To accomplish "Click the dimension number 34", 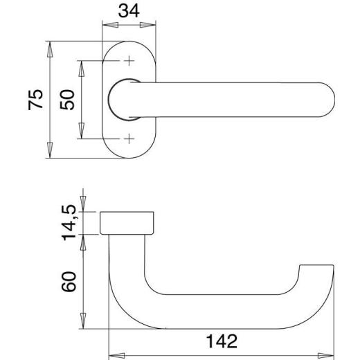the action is (x=129, y=11).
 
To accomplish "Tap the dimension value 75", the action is (x=35, y=100).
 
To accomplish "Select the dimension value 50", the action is (x=67, y=100).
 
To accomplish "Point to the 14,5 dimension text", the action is (x=69, y=222).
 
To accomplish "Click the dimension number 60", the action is (x=69, y=282).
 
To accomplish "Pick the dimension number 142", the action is (x=222, y=341).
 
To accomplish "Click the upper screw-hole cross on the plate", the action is (x=129, y=61).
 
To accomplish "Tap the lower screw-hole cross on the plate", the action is (x=129, y=139).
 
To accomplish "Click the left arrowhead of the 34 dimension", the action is (x=110, y=25).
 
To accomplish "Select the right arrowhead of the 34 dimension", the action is (x=148, y=25).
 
